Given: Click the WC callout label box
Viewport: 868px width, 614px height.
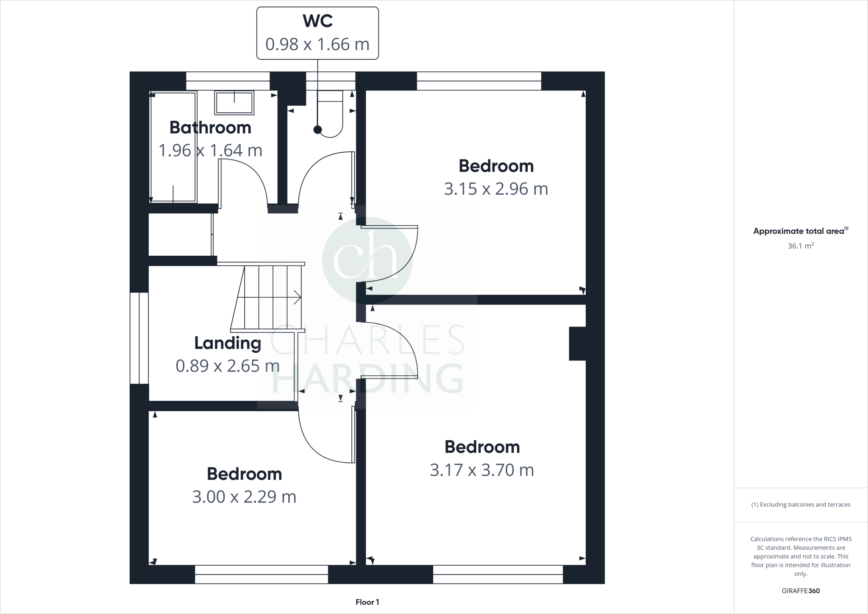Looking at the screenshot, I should pyautogui.click(x=317, y=33).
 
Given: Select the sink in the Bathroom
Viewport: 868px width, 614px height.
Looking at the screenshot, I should pyautogui.click(x=234, y=103).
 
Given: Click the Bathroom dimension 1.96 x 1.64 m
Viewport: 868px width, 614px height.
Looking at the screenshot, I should pyautogui.click(x=210, y=151).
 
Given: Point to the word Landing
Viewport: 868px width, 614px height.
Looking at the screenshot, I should pyautogui.click(x=228, y=343).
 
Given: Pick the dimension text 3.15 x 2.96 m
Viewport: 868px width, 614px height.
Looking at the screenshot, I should pyautogui.click(x=496, y=189).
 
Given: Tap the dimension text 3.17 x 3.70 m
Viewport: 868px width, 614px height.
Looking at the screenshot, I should pyautogui.click(x=482, y=470).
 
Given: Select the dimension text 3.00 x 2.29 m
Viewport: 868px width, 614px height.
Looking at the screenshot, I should pyautogui.click(x=244, y=497).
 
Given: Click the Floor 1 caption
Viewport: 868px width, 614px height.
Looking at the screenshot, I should pyautogui.click(x=367, y=602).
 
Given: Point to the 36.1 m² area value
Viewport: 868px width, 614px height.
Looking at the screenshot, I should pyautogui.click(x=801, y=246).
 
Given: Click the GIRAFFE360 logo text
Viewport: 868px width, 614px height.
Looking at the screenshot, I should pyautogui.click(x=801, y=591).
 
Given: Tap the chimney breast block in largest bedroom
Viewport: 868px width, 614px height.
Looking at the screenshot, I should pyautogui.click(x=577, y=343).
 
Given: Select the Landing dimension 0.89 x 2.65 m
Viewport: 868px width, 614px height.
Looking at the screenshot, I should pyautogui.click(x=228, y=366).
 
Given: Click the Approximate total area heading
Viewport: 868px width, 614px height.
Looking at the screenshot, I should pyautogui.click(x=801, y=231).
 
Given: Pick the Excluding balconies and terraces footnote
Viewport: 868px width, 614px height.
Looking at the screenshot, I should pyautogui.click(x=801, y=505).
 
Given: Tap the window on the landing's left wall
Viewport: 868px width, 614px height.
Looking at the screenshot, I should pyautogui.click(x=139, y=338).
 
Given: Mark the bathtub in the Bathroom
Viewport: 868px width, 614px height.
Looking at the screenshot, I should pyautogui.click(x=173, y=147).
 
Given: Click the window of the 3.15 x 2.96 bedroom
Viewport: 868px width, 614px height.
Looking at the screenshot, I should pyautogui.click(x=479, y=81).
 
